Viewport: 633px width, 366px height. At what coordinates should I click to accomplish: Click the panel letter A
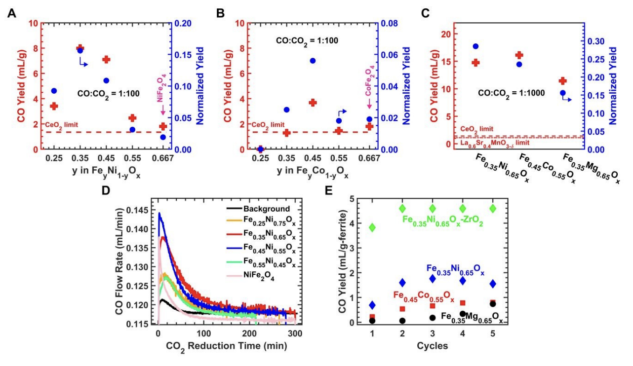point(10,13)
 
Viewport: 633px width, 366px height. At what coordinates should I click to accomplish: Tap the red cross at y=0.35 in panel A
point(80,48)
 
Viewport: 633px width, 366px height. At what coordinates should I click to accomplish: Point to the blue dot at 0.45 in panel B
point(313,61)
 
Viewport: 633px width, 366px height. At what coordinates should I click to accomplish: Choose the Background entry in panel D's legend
point(267,209)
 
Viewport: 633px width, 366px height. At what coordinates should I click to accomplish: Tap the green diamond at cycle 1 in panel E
point(372,227)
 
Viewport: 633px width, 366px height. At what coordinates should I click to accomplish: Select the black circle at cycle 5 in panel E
point(492,304)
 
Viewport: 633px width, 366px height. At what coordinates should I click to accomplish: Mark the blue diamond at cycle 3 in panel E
point(433,279)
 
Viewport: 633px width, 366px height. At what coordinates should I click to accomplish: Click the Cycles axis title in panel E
point(432,345)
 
